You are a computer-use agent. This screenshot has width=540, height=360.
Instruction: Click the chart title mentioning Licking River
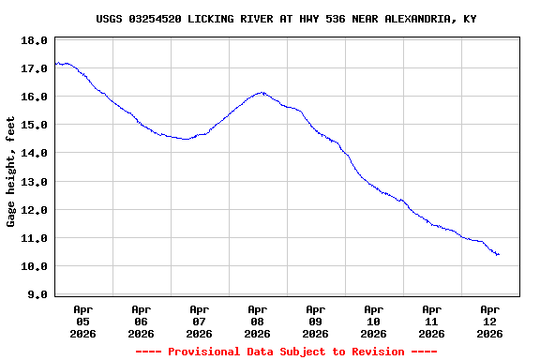coord(286,19)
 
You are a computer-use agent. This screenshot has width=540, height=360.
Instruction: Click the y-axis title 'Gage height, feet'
coord(11,172)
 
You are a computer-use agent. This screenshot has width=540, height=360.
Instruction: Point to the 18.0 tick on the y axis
coord(35,40)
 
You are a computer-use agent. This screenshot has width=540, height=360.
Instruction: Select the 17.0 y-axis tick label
coord(35,68)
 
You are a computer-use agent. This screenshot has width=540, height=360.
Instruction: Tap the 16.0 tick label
coord(35,97)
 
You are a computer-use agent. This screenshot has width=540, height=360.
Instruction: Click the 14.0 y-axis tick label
coord(35,153)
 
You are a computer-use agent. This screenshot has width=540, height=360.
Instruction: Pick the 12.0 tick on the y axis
coord(35,210)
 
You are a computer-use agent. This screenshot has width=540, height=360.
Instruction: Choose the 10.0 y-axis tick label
coord(35,266)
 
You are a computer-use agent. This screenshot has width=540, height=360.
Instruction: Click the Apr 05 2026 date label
coord(82,321)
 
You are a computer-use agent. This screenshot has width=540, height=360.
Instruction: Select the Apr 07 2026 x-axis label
coord(199,321)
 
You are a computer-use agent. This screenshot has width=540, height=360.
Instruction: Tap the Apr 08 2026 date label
coord(257,321)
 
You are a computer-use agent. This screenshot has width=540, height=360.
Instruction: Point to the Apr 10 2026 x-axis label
coord(373,321)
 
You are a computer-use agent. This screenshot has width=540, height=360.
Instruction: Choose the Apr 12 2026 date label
coord(489,321)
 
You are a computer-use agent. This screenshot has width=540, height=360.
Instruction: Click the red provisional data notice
coord(286,352)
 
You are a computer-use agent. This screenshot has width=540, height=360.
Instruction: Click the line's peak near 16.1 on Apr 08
coord(262,93)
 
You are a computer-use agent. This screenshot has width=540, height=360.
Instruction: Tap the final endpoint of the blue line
coord(499,254)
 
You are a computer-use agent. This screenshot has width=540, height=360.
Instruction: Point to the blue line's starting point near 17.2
coord(55,63)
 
